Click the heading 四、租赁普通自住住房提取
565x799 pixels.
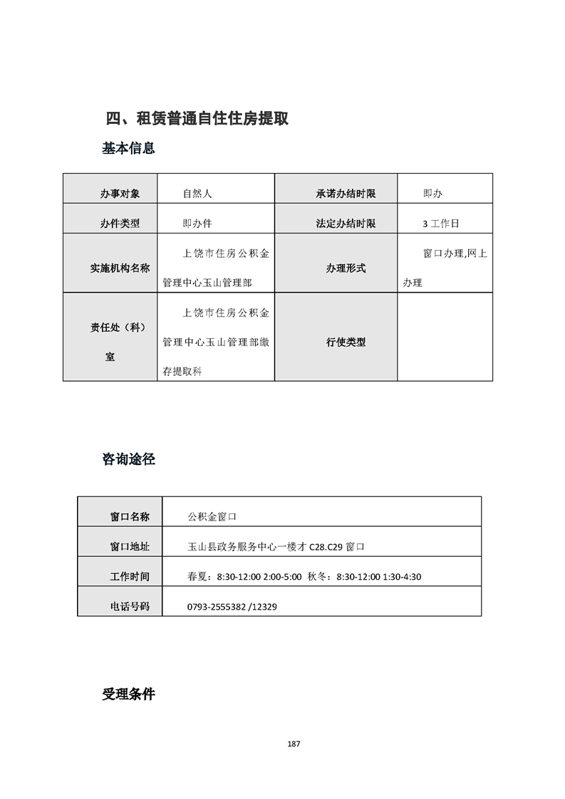pos(197,118)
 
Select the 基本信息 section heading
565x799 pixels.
pos(128,149)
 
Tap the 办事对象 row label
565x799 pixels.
pos(120,194)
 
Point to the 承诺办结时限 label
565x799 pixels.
pos(346,194)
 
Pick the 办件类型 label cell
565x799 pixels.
pos(120,224)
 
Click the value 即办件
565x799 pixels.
pos(197,224)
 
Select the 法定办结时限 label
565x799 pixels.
pos(346,224)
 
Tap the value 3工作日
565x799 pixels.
pos(441,224)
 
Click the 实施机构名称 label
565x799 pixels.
pos(120,268)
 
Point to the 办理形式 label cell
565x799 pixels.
pos(346,268)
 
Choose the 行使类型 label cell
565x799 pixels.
pos(346,342)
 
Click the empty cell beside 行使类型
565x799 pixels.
pos(445,337)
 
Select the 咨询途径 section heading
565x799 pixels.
pos(128,459)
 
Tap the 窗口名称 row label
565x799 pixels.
pos(130,516)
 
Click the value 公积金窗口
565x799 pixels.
pos(212,516)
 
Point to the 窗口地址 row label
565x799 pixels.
pos(130,547)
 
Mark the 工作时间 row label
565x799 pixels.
pos(130,577)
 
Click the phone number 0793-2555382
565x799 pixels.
pos(216,607)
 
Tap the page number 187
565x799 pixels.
pos(294,744)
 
